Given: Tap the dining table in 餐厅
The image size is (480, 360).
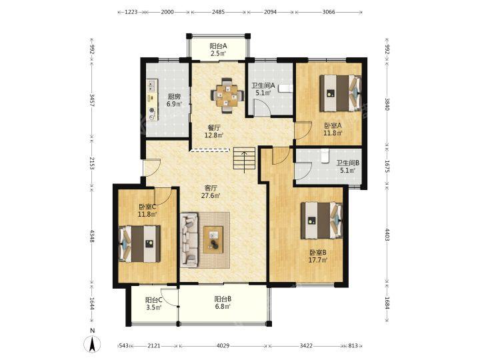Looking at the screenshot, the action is click(227, 95).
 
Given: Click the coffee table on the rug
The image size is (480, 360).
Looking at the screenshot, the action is click(213, 239).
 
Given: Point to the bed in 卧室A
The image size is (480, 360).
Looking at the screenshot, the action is click(341, 93).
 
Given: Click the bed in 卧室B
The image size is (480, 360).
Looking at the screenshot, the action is click(321, 221).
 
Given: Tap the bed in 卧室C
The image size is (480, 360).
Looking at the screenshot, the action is click(139, 244).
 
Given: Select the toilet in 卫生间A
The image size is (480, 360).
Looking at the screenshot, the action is click(285, 88).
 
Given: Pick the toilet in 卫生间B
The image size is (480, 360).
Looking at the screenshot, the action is click(324, 156).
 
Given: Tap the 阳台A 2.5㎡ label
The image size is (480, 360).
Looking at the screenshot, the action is click(218, 50).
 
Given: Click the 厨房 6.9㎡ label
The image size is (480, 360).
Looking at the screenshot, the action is click(174, 100).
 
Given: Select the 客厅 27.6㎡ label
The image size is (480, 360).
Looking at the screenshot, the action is click(211, 191).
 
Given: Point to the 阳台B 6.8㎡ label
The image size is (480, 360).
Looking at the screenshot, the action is click(223, 302).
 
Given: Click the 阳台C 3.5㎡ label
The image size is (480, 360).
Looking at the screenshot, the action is click(154, 304).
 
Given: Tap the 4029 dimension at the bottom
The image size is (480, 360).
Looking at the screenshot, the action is click(223, 345).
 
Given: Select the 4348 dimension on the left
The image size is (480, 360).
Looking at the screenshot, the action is click(92, 236).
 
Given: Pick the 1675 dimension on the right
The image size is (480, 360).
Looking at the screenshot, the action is click(387, 166).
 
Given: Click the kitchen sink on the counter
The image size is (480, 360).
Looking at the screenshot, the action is click(152, 85).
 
